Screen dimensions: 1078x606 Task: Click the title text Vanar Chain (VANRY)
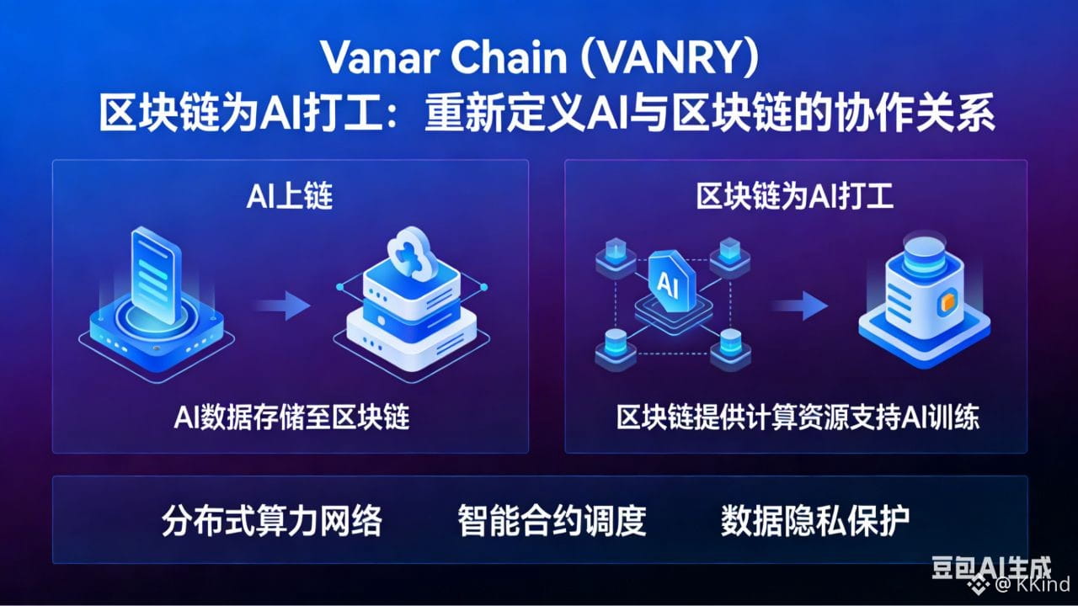[x=539, y=58]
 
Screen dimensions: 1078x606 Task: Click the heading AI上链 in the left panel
[x=290, y=197]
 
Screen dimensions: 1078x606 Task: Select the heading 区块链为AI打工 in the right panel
[x=795, y=197]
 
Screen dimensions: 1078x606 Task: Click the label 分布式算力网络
[x=271, y=521]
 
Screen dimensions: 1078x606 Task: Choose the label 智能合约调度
[x=552, y=521]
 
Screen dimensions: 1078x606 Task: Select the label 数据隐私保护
[x=815, y=521]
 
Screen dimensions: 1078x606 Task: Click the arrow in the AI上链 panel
[x=284, y=305]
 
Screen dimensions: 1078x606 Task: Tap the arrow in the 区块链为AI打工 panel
[x=800, y=305]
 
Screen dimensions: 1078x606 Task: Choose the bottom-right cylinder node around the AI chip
[x=729, y=347]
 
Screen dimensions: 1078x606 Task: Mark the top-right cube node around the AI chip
[x=728, y=250]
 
